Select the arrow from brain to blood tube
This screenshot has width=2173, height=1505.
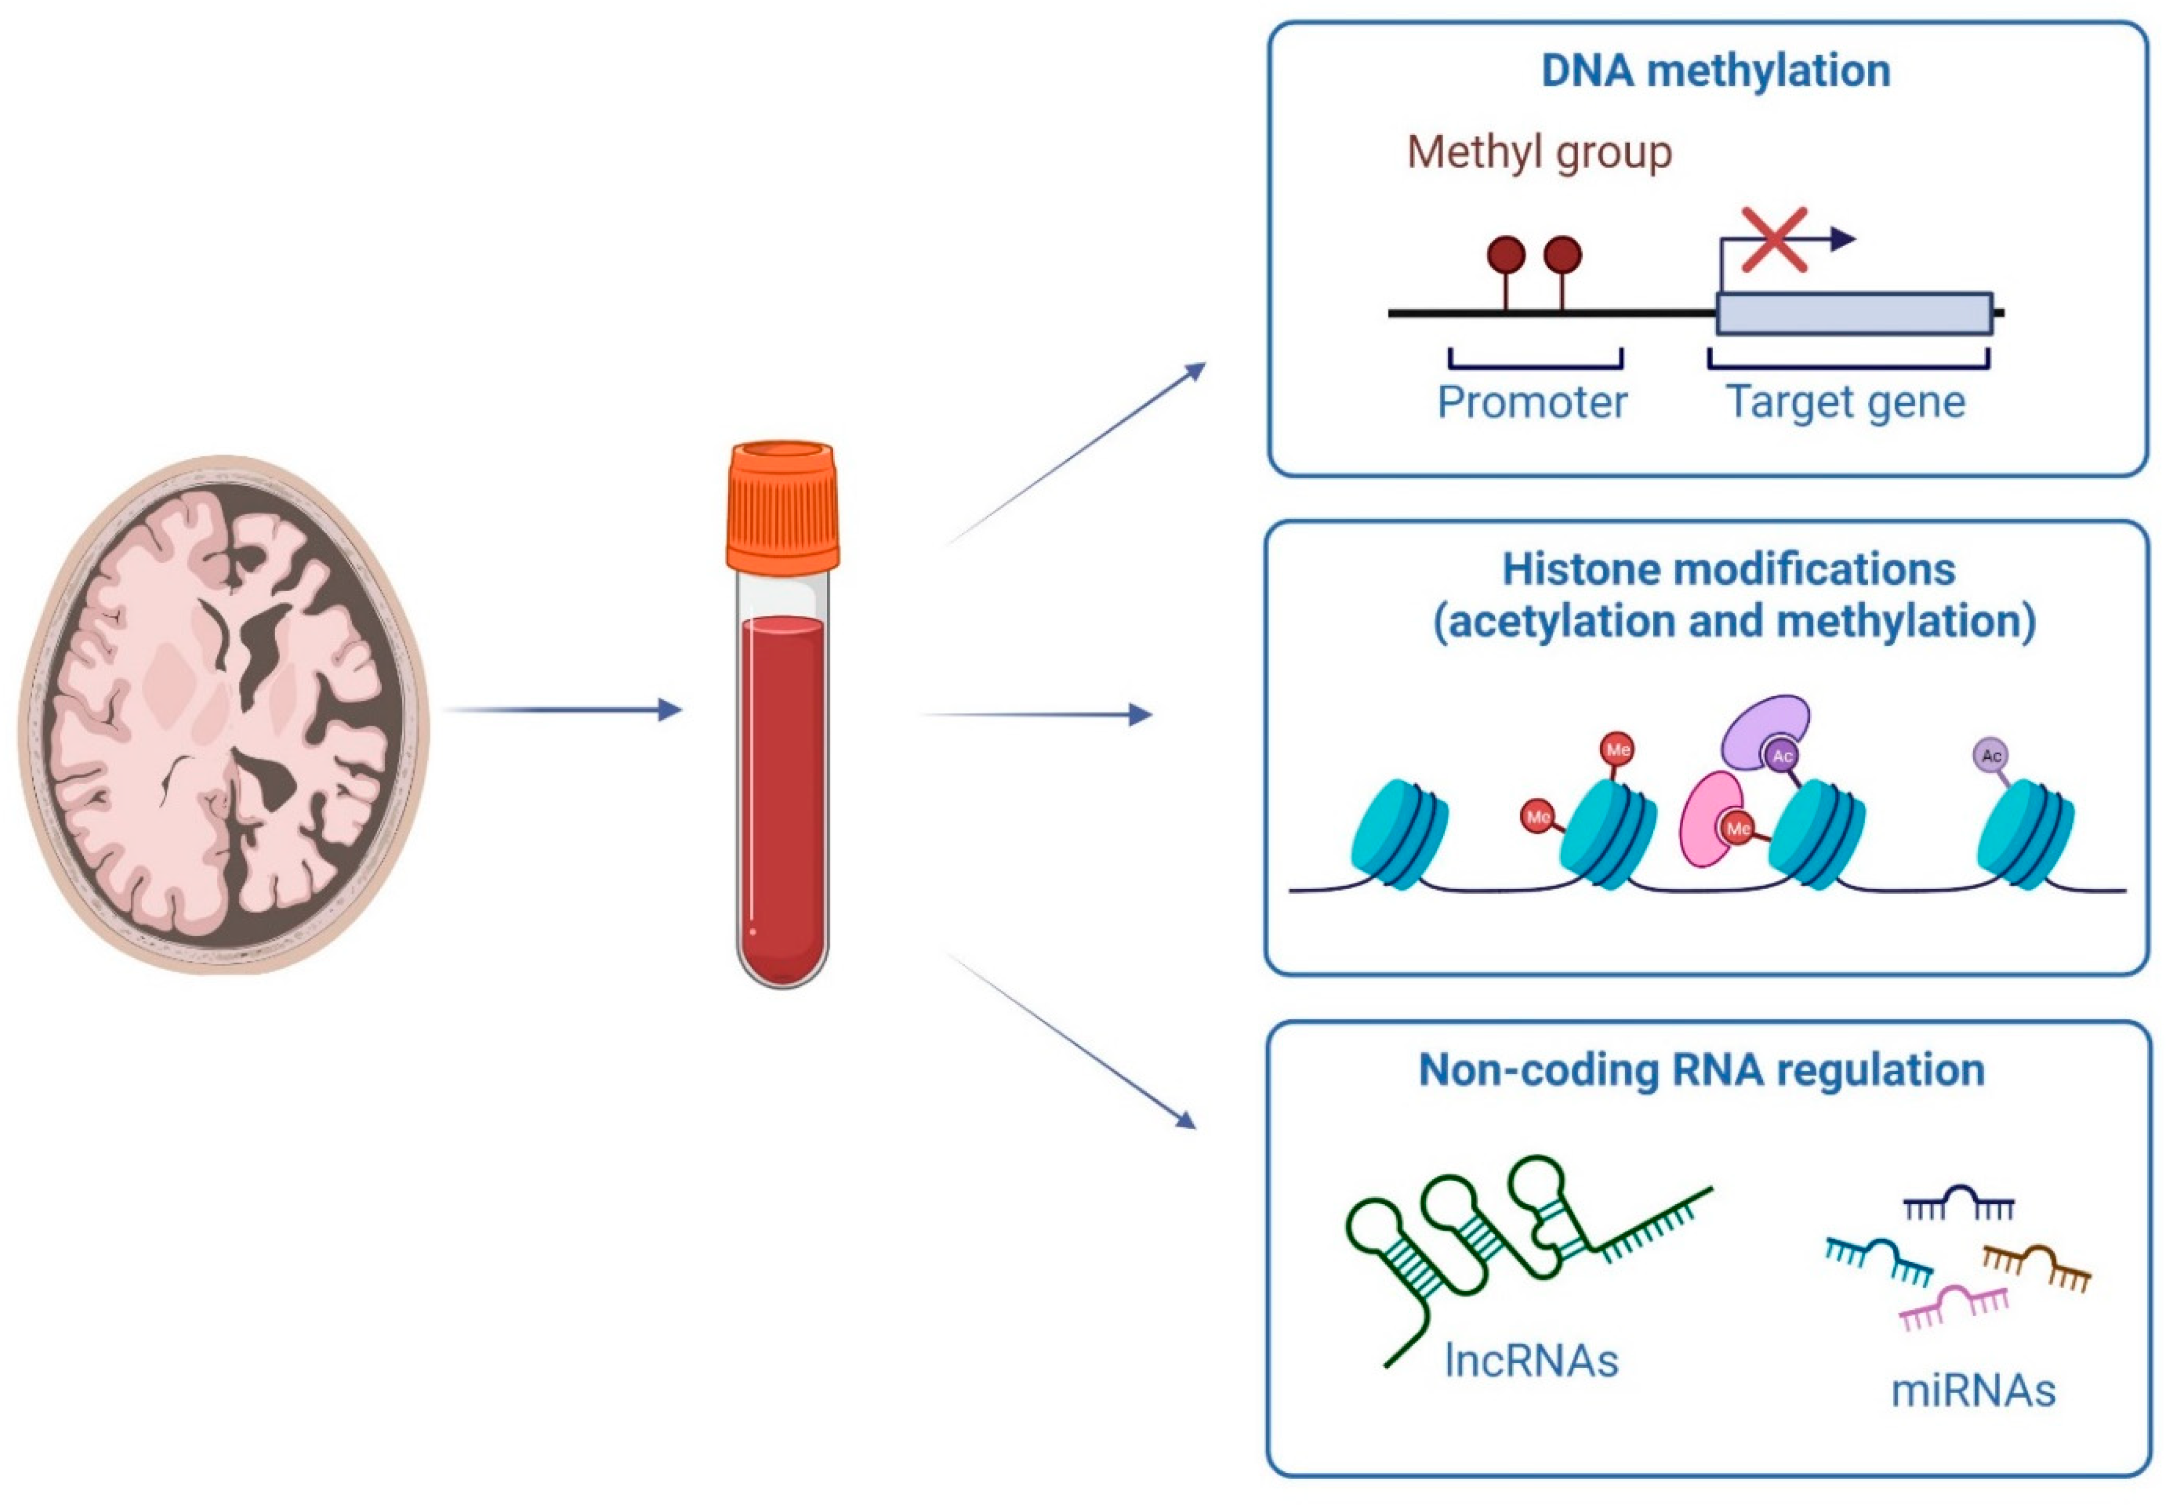(561, 709)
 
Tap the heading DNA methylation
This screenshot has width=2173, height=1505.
(1715, 71)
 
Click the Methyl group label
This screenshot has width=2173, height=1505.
(1539, 152)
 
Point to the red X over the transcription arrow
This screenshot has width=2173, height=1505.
(1774, 239)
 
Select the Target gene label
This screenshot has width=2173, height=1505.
(1846, 403)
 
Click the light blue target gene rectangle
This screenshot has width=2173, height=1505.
(1853, 313)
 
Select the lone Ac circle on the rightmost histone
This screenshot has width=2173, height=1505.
(1990, 755)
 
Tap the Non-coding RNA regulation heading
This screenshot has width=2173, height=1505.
(1702, 1069)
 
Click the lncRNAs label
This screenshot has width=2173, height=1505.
(1532, 1361)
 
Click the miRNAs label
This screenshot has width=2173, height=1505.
(1973, 1391)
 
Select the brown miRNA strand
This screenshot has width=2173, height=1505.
(2037, 1263)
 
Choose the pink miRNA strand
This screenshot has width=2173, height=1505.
(1953, 1305)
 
